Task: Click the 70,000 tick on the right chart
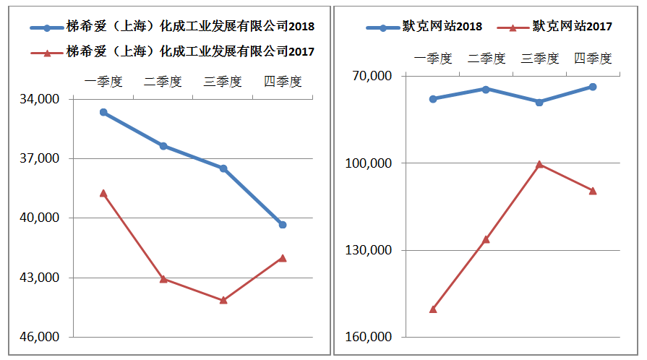click(372, 76)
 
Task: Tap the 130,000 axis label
click(369, 250)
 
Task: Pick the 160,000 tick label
click(369, 338)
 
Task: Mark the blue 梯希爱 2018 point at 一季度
click(103, 112)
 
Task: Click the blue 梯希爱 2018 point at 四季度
click(283, 225)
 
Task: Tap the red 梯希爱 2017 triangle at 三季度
click(223, 300)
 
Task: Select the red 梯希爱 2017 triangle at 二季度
click(163, 279)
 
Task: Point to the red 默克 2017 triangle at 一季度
click(433, 309)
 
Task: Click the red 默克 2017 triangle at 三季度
click(539, 165)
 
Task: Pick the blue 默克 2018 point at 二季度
click(486, 89)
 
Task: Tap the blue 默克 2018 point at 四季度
click(593, 87)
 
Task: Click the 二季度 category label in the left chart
click(163, 81)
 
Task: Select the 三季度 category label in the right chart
click(539, 59)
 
